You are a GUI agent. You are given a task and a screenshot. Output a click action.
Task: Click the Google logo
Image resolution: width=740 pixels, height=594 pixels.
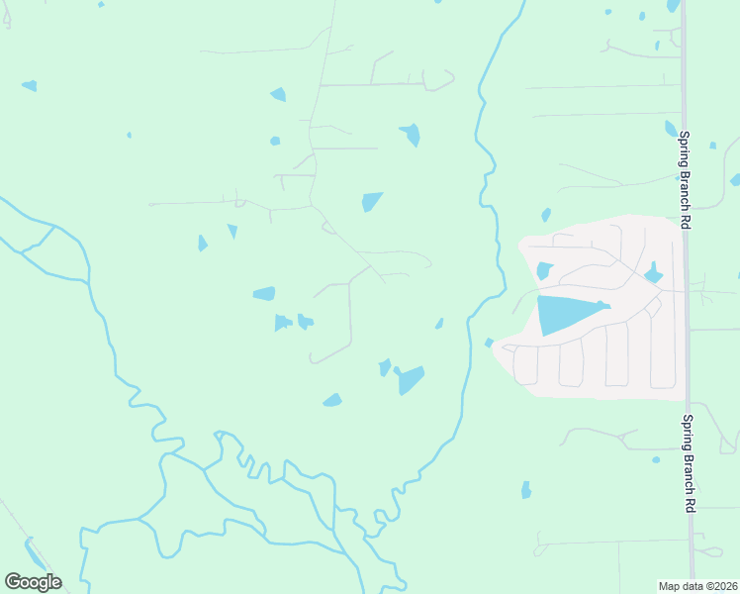pyautogui.click(x=32, y=582)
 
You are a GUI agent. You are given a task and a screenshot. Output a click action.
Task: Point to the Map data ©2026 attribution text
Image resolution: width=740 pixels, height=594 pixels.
pyautogui.click(x=697, y=586)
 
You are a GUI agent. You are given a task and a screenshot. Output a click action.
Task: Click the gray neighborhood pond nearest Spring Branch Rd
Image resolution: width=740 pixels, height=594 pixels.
pyautogui.click(x=653, y=273)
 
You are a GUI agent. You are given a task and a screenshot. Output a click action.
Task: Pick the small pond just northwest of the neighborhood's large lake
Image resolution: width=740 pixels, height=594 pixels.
pyautogui.click(x=543, y=270)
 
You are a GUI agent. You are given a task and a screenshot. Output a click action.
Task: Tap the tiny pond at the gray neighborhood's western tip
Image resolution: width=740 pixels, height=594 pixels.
pyautogui.click(x=489, y=343)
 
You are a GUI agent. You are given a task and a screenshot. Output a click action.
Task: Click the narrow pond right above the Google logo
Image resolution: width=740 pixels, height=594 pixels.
pyautogui.click(x=35, y=554)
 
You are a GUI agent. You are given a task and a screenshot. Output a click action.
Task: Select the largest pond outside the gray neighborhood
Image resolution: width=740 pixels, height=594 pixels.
pyautogui.click(x=410, y=379)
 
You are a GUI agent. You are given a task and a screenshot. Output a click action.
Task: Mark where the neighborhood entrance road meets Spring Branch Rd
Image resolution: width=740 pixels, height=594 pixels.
pyautogui.click(x=686, y=291)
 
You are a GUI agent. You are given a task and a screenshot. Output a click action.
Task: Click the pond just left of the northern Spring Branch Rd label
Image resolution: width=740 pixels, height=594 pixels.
pyautogui.click(x=671, y=129)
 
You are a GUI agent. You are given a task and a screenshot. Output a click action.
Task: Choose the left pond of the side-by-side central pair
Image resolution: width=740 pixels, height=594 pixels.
pyautogui.click(x=282, y=322)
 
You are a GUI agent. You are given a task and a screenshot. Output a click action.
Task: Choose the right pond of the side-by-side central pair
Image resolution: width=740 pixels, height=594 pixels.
pyautogui.click(x=305, y=322)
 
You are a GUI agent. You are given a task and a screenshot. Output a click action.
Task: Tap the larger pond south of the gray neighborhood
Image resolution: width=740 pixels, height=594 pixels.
pyautogui.click(x=526, y=490)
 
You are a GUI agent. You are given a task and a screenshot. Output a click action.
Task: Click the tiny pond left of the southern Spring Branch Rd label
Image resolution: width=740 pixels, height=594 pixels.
pyautogui.click(x=655, y=459)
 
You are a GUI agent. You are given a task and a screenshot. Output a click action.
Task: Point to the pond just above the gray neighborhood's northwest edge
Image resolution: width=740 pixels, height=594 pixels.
pyautogui.click(x=546, y=215)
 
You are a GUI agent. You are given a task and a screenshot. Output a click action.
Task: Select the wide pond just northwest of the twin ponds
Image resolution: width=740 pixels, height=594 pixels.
pyautogui.click(x=264, y=293)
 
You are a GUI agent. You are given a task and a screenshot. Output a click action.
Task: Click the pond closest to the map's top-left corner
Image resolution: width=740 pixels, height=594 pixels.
pyautogui.click(x=29, y=86)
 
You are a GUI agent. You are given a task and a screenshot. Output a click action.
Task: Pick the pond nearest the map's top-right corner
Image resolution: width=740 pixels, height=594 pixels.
pyautogui.click(x=674, y=5)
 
